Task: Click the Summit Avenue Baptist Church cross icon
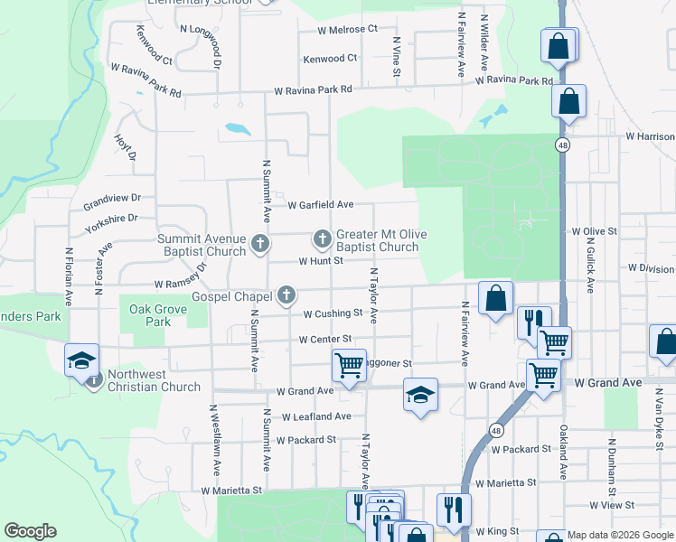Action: click(x=260, y=243)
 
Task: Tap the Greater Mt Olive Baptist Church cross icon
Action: click(x=322, y=239)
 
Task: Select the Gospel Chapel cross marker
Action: click(x=286, y=294)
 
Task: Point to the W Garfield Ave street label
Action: click(x=321, y=205)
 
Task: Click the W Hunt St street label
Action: click(x=323, y=260)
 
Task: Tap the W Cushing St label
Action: click(x=333, y=314)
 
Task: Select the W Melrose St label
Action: click(x=347, y=29)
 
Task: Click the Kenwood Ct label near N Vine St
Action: click(x=330, y=58)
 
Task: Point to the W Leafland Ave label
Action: click(x=315, y=416)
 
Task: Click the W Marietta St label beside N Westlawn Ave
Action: click(x=231, y=491)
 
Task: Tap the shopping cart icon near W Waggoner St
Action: click(x=349, y=365)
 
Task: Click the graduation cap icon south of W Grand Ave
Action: click(x=420, y=395)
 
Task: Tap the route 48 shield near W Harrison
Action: click(x=563, y=145)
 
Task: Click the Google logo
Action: click(x=30, y=531)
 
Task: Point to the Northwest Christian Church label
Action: click(x=154, y=381)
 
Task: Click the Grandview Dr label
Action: click(x=113, y=197)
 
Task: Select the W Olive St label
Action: click(x=594, y=231)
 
